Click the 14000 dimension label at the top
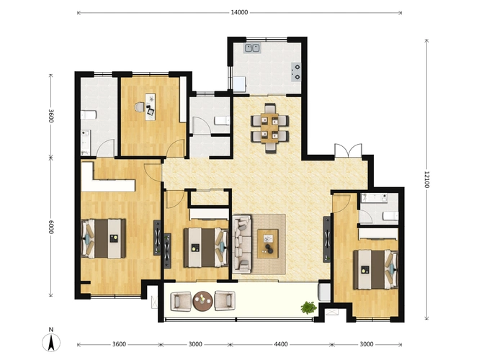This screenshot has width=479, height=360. tap(239, 12)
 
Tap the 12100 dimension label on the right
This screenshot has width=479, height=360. tap(426, 179)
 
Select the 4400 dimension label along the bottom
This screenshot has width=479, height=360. tap(280, 344)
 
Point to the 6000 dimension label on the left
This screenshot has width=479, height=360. tap(51, 227)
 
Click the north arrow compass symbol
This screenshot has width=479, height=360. tap(51, 340)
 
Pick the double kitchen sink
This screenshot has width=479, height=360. tap(252, 48)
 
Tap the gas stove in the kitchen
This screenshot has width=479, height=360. tap(296, 72)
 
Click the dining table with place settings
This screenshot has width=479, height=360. tap(269, 128)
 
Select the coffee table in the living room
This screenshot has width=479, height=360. tap(268, 243)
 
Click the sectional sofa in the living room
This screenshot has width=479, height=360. tap(242, 244)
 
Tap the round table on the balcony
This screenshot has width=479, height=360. tap(203, 301)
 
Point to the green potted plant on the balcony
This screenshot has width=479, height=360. tap(308, 307)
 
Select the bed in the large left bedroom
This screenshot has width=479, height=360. tap(103, 238)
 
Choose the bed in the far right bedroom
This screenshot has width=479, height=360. tap(375, 269)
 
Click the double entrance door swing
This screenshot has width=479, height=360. tap(348, 150)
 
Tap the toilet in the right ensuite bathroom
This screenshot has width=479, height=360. tap(390, 216)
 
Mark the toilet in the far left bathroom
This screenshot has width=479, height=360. tap(89, 114)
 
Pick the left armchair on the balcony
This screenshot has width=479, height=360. tap(181, 301)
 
